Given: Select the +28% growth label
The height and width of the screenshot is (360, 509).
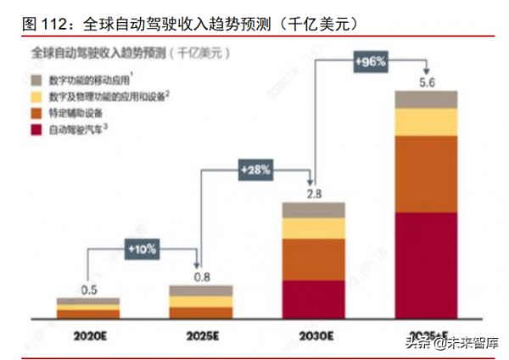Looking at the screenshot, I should [x=255, y=170].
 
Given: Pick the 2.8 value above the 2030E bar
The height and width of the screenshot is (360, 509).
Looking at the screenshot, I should [x=313, y=194].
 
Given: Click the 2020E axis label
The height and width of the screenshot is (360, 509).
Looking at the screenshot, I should [x=88, y=334].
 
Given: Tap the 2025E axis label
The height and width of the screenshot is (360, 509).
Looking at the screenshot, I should [x=201, y=334].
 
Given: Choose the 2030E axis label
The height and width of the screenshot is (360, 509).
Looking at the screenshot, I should [x=314, y=334].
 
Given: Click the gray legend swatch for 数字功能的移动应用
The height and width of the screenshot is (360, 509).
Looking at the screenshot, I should [x=36, y=79].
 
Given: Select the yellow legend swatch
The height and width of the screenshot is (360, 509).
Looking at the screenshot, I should [x=36, y=96].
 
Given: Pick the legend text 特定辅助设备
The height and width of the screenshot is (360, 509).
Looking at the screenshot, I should [x=75, y=113].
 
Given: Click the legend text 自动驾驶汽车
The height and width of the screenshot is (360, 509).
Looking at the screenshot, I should [x=75, y=130].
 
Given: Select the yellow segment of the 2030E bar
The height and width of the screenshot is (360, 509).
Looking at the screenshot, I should [x=314, y=228].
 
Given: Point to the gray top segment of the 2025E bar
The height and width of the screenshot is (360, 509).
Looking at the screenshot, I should [x=201, y=290].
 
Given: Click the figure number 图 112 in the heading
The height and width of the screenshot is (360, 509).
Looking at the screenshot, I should [x=40, y=23].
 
